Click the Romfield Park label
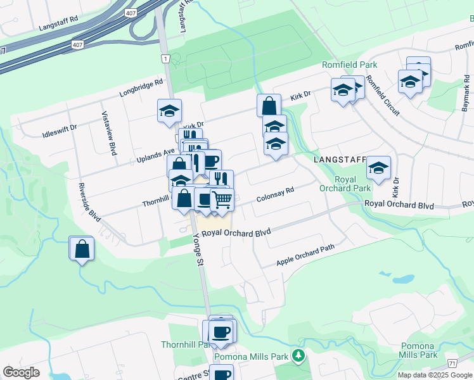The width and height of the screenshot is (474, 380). pyautogui.click(x=350, y=65)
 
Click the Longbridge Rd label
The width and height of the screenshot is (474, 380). pyautogui.click(x=142, y=89)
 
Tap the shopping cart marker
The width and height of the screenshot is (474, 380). pyautogui.click(x=222, y=200)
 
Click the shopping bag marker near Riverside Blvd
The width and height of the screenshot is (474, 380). pyautogui.click(x=82, y=248)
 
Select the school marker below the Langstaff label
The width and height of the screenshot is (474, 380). pyautogui.click(x=378, y=168)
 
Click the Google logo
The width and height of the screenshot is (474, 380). pyautogui.click(x=21, y=372)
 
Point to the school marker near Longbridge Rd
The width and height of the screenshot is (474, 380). pyautogui.click(x=169, y=111)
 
